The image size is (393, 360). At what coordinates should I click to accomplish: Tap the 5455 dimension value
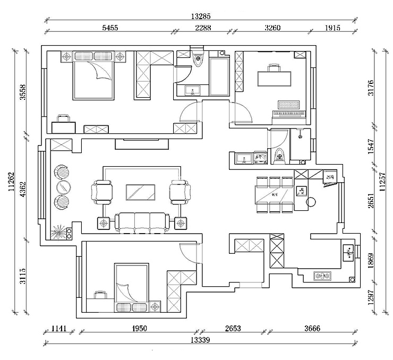point(109,28)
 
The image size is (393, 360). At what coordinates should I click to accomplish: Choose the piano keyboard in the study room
point(289,113)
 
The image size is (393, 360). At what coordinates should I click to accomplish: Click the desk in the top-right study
point(275,78)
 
